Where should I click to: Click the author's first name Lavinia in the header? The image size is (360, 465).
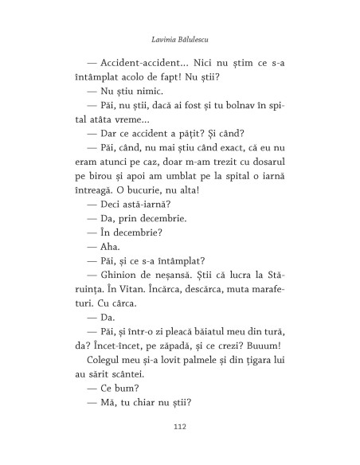coord(154,37)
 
